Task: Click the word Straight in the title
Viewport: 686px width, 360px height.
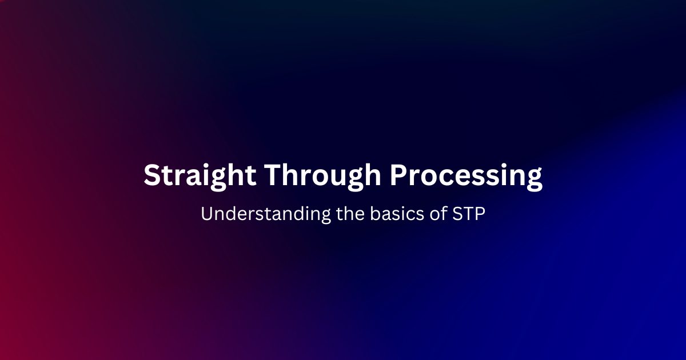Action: tap(200, 175)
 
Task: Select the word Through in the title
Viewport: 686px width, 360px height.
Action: tap(323, 175)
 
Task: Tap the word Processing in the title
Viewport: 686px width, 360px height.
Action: tap(466, 175)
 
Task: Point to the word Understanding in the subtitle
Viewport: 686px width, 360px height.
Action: tap(266, 214)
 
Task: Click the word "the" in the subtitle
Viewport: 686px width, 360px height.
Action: tap(350, 213)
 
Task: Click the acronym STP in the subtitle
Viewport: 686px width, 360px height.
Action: tap(469, 213)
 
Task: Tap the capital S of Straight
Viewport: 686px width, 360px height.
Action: tap(153, 175)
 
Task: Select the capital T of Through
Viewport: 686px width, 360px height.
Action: tap(273, 175)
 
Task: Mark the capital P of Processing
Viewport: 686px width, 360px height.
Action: tap(399, 175)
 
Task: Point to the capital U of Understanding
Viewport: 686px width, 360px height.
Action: tap(207, 214)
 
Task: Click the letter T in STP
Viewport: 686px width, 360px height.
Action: tap(468, 214)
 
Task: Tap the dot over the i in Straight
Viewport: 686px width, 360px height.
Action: tap(204, 165)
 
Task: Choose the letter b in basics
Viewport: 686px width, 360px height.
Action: tap(375, 213)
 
